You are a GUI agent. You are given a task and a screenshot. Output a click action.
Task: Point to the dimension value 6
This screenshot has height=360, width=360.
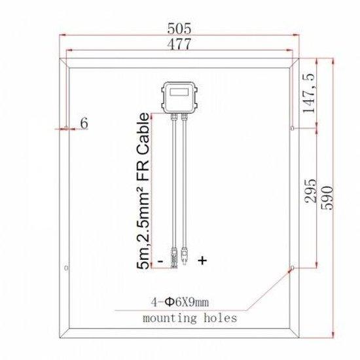pyautogui.click(x=83, y=122)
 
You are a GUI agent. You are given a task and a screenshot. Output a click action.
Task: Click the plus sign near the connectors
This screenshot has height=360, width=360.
pyautogui.click(x=202, y=261)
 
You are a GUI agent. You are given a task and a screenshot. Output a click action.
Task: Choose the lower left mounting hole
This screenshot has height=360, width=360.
pyautogui.click(x=66, y=268)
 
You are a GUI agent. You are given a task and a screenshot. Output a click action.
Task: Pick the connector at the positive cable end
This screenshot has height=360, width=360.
pyautogui.click(x=184, y=255)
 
